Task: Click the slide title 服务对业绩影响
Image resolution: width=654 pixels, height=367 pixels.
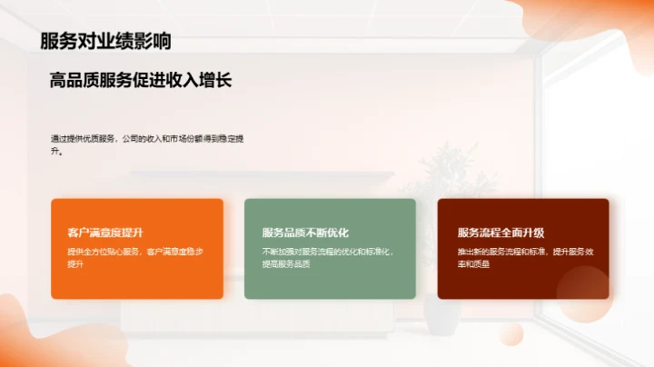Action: [x=105, y=41]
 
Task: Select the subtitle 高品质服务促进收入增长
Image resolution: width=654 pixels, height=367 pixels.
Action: [x=141, y=81]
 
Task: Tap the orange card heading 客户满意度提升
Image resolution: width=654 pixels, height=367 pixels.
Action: [x=105, y=233]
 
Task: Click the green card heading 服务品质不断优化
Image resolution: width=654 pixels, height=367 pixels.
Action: [x=305, y=233]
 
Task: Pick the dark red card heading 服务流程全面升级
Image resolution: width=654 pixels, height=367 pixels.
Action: [x=500, y=233]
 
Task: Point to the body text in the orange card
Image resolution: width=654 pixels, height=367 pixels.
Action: [x=136, y=257]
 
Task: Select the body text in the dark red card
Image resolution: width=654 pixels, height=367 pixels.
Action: [x=522, y=257]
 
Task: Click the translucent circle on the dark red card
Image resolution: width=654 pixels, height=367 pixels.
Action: [x=582, y=293]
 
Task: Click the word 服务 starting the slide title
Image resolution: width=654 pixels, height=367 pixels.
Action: [x=54, y=41]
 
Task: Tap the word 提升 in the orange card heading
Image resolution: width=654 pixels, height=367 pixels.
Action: [x=133, y=233]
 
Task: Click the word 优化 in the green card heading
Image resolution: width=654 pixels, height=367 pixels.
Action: [x=338, y=233]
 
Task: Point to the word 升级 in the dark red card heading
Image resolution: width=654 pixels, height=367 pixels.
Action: [x=533, y=233]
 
